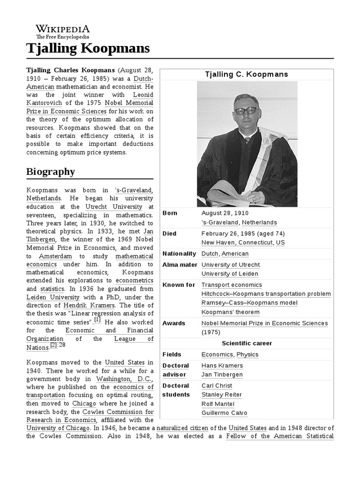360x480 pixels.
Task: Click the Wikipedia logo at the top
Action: [x=63, y=31]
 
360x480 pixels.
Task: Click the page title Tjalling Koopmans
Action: [x=88, y=48]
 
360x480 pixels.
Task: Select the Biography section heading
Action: [x=50, y=172]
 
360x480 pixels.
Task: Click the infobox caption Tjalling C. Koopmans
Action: [x=247, y=75]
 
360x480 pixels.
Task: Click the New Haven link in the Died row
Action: [x=218, y=243]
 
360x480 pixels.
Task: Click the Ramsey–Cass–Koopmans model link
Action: [x=249, y=303]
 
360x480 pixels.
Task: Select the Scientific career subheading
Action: [x=247, y=344]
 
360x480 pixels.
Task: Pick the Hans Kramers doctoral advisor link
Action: [x=222, y=366]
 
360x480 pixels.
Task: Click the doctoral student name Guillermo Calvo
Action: [x=224, y=413]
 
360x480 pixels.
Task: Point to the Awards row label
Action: [x=174, y=323]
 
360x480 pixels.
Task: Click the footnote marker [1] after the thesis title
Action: [x=97, y=320]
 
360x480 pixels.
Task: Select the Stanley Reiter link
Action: [x=221, y=395]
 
